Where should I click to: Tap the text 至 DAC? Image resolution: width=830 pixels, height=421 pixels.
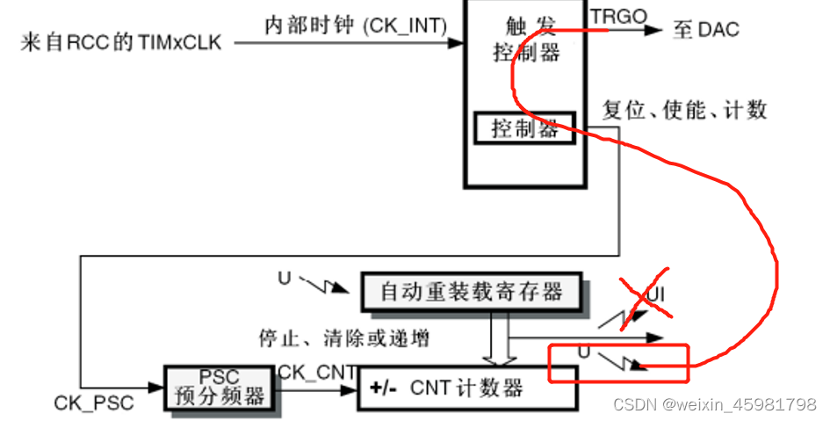point(705,30)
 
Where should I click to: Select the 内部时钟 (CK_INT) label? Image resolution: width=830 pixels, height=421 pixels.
point(356,25)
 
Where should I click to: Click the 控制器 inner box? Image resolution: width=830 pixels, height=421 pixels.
point(524,128)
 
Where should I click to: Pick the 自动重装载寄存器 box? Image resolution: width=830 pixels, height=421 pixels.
point(473,292)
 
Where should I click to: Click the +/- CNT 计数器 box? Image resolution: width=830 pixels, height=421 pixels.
point(467,388)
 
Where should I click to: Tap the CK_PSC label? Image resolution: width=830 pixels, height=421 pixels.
point(94,403)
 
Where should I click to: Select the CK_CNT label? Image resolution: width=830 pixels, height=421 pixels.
point(317,373)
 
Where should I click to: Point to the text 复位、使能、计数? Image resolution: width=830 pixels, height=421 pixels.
point(685,110)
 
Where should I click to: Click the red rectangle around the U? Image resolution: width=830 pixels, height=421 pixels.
point(618,363)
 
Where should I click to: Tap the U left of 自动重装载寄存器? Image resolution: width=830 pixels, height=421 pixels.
point(284,279)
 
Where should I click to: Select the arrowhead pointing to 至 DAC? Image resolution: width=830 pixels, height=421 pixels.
point(654,30)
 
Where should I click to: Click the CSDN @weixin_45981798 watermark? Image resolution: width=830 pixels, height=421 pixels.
point(715,405)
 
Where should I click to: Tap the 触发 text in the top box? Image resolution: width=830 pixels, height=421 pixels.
point(526,24)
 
